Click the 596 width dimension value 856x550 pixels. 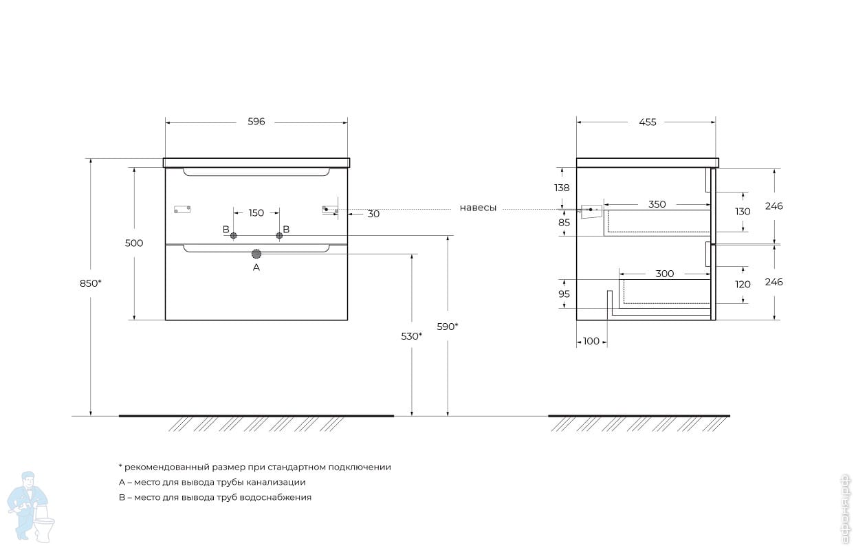pos(256,122)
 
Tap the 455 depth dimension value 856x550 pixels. pos(648,122)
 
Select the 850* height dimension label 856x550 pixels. pos(91,283)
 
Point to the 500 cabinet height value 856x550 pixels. pos(134,243)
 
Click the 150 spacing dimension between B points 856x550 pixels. pos(256,213)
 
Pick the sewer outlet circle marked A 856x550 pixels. pos(256,253)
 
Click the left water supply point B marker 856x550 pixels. pos(233,236)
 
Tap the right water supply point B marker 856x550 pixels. pos(279,236)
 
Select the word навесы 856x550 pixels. pos(478,208)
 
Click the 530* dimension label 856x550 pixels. pos(411,336)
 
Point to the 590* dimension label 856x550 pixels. pos(447,327)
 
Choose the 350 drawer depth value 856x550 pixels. pos(657,204)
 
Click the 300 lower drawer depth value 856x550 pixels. pos(664,274)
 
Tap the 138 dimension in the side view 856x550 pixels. pos(562,188)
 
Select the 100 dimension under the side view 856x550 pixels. pos(591,341)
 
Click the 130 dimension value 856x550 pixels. pos(743,212)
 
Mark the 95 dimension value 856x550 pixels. pos(564,294)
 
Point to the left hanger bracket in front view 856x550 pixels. pos(182,209)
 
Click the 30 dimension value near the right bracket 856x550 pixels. pos(373,214)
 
